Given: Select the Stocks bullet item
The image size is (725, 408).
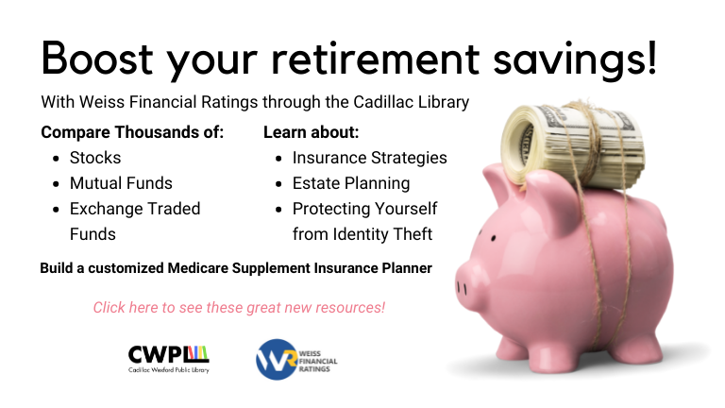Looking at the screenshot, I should pos(95,158).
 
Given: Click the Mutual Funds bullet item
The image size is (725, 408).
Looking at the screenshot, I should pos(121,183).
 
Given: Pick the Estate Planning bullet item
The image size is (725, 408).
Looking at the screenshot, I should pos(350,183).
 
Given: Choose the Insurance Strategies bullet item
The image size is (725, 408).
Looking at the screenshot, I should pos(369,158).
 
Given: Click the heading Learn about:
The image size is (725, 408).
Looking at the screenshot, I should pos(311,132).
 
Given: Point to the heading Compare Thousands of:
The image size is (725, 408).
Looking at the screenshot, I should pos(132,132).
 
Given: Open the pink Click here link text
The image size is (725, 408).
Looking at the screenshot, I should pos(239,308).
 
